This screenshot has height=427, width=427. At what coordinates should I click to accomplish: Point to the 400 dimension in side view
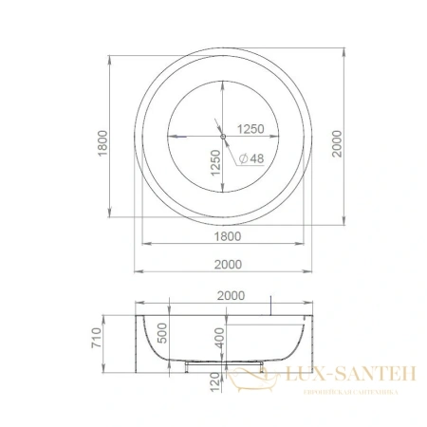point(219,338)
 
